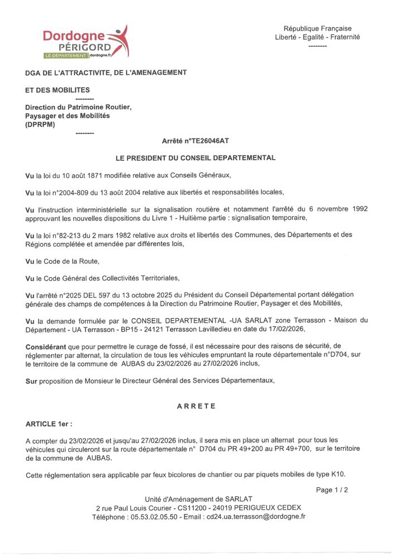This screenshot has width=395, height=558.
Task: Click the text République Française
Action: coord(317,28)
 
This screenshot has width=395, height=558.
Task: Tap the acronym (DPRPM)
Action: coord(40,124)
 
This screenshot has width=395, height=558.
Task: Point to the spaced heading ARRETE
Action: coord(196,406)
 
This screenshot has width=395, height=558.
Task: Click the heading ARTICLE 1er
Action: coord(49,424)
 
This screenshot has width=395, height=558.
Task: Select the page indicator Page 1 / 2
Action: coord(332,490)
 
